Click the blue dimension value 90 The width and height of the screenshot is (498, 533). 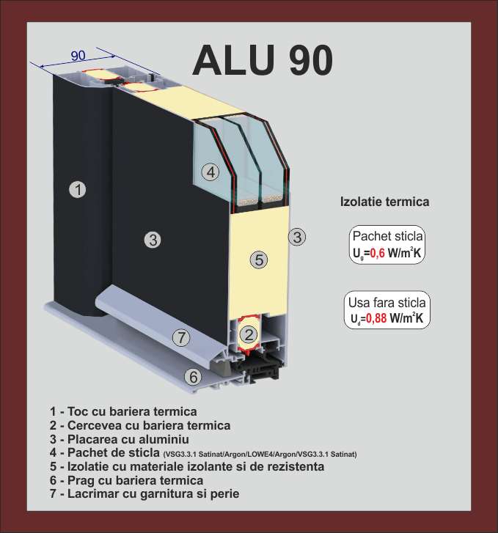pyautogui.click(x=78, y=56)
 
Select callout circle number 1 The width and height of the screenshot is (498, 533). pyautogui.click(x=78, y=190)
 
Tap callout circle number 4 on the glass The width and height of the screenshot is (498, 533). pyautogui.click(x=210, y=172)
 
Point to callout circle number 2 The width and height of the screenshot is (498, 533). pyautogui.click(x=249, y=336)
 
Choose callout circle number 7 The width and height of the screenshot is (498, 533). pyautogui.click(x=181, y=338)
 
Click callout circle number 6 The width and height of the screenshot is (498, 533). pyautogui.click(x=192, y=378)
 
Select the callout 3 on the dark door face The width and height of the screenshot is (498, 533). pyautogui.click(x=153, y=239)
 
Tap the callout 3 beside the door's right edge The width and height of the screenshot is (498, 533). pyautogui.click(x=297, y=237)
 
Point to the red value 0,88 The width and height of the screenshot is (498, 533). pyautogui.click(x=377, y=319)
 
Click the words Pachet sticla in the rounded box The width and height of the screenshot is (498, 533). pyautogui.click(x=387, y=237)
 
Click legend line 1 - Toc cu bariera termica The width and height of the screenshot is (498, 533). pyautogui.click(x=123, y=411)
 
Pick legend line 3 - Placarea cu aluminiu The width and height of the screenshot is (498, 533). pyautogui.click(x=120, y=439)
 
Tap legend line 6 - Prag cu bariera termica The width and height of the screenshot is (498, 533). pyautogui.click(x=126, y=480)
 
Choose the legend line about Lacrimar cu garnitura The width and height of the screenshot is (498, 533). pyautogui.click(x=144, y=494)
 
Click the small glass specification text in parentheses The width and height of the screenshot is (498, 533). pyautogui.click(x=260, y=454)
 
